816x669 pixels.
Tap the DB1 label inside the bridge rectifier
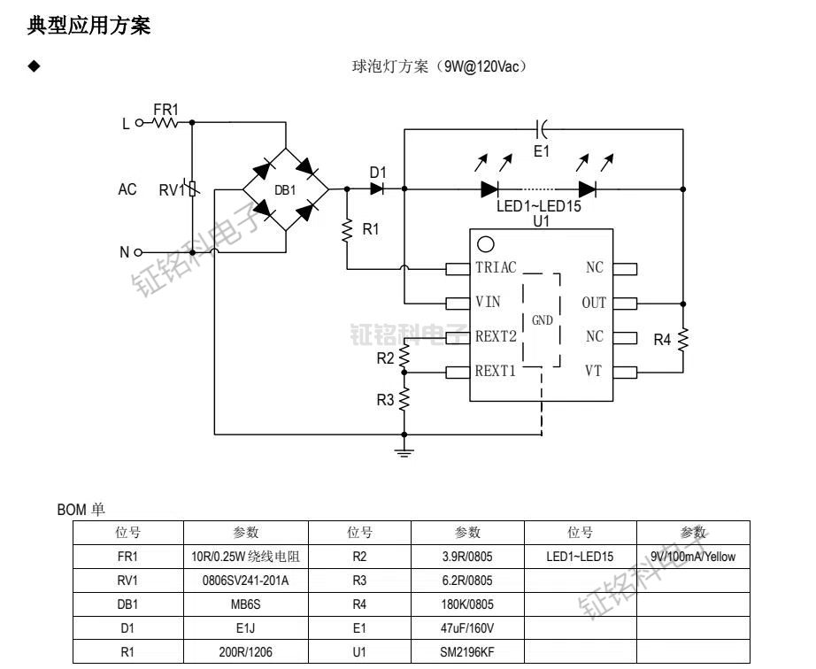285,190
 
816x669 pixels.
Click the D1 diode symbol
378,188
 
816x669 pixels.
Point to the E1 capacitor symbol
543,129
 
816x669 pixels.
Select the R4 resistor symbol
682,339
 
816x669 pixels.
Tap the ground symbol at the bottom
404,453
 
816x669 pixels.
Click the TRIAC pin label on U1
496,268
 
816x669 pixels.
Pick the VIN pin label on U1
488,303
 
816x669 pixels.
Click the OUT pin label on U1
594,303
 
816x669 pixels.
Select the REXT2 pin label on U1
496,336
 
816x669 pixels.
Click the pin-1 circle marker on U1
485,245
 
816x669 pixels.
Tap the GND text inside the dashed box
542,320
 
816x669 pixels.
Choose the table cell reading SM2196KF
467,652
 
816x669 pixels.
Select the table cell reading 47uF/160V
467,628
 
